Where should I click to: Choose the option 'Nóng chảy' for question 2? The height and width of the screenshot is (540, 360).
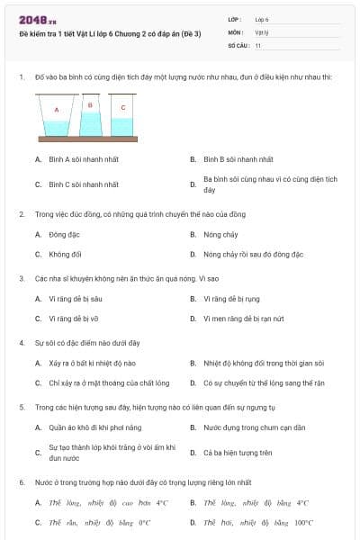pyautogui.click(x=220, y=234)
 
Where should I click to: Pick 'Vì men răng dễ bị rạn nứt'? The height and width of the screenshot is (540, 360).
pyautogui.click(x=243, y=318)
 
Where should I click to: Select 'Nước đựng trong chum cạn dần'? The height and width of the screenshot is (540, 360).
pyautogui.click(x=254, y=427)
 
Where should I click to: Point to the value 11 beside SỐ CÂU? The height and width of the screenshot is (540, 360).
pyautogui.click(x=258, y=44)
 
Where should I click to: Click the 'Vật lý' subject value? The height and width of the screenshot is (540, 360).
pyautogui.click(x=262, y=31)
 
